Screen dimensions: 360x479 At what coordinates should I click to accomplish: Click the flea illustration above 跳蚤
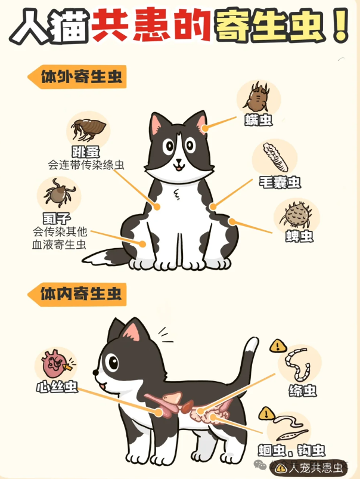[89, 129]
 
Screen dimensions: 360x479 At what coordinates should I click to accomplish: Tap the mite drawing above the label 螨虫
[257, 97]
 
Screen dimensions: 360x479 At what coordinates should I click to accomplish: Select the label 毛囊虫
[280, 183]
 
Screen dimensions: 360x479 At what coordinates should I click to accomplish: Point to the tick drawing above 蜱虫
[296, 215]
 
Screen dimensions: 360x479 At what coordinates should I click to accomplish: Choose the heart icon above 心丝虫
[55, 364]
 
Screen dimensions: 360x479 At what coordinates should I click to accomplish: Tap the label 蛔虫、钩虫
[291, 450]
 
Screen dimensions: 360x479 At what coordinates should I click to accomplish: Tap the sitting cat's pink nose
[179, 161]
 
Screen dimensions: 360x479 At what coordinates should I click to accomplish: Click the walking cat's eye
[113, 363]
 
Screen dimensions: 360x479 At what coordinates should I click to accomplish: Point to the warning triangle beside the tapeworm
[278, 346]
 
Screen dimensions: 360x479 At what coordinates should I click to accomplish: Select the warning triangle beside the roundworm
[266, 414]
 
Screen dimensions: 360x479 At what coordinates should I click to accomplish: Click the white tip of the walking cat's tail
[252, 346]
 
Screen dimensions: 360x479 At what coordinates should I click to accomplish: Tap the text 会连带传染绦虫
[86, 165]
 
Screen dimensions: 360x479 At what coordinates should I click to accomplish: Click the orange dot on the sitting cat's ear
[205, 128]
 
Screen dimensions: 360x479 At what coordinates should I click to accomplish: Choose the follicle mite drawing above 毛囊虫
[275, 157]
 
